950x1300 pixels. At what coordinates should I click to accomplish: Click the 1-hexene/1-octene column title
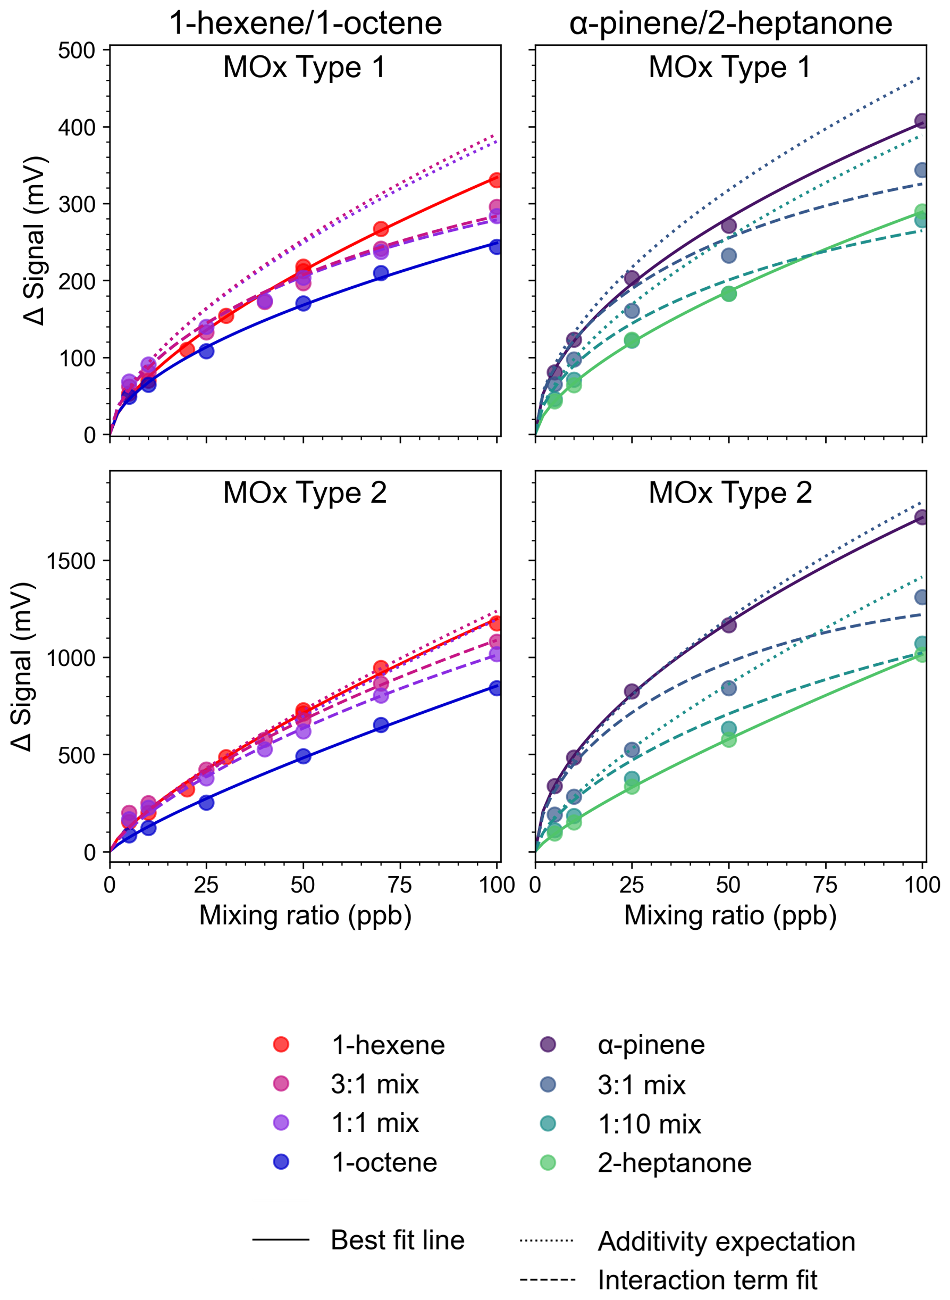305,23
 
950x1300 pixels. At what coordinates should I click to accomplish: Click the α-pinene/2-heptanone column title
730,23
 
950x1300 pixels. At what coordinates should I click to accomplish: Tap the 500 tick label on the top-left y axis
77,50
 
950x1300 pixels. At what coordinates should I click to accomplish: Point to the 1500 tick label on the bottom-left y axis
71,561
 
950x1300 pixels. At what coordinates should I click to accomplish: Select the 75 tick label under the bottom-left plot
400,885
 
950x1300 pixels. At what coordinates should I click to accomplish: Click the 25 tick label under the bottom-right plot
632,885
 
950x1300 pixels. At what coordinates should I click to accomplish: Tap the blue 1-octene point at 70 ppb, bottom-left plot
381,726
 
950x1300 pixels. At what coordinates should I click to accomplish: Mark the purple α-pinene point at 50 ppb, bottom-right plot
729,624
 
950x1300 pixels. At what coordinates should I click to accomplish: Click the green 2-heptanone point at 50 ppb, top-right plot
729,294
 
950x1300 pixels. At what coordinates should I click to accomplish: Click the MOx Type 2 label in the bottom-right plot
730,493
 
